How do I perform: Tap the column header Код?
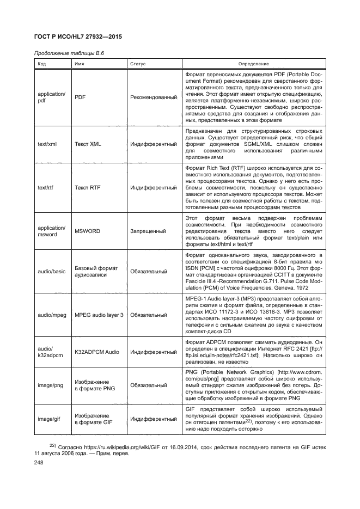[x=42, y=64]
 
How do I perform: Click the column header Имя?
[x=79, y=64]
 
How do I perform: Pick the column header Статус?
[x=138, y=64]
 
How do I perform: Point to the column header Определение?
[x=253, y=64]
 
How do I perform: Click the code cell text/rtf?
[x=46, y=187]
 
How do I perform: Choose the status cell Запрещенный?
[x=148, y=231]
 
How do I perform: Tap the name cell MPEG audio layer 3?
[x=99, y=315]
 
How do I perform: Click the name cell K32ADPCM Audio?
[x=97, y=352]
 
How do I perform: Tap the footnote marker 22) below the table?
[x=53, y=444]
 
